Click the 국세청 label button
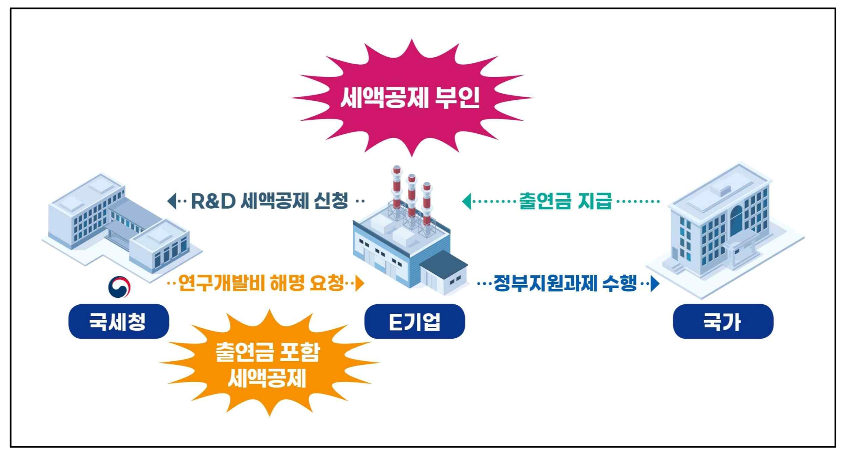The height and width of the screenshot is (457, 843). (x=119, y=321)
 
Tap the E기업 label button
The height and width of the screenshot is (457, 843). (x=414, y=321)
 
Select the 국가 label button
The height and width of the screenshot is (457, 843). (x=723, y=321)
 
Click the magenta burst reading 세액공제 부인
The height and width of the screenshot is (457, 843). (x=411, y=98)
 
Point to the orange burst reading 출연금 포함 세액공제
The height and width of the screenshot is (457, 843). (x=268, y=364)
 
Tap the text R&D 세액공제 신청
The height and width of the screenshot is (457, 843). (x=269, y=201)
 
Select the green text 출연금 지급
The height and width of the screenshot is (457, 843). (x=565, y=201)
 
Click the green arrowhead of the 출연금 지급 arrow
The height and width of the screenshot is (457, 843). (x=467, y=201)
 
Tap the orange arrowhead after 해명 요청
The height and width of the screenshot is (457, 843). (x=359, y=283)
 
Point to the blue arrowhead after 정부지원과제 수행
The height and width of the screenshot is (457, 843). (x=655, y=283)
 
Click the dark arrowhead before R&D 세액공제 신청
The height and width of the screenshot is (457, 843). (x=172, y=201)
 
